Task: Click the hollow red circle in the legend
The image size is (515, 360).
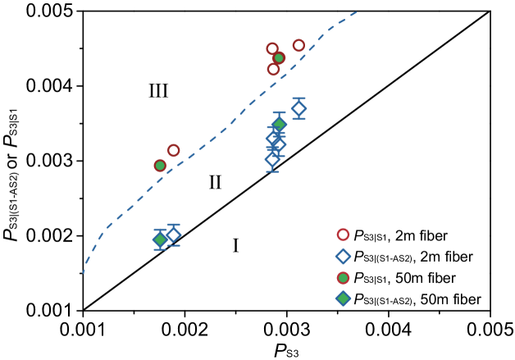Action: [x=343, y=235]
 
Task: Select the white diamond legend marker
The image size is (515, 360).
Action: [x=343, y=257]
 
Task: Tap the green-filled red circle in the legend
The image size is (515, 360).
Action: [x=343, y=278]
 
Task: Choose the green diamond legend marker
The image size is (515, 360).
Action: [x=343, y=298]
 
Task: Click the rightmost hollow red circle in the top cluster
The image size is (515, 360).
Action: [x=299, y=46]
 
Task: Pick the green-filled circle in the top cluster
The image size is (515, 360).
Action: [x=279, y=58]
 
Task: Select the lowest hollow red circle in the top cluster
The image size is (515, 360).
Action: [x=273, y=70]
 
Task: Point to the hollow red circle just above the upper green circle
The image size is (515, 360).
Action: [x=272, y=48]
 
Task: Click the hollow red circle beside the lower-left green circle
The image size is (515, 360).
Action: [x=173, y=150]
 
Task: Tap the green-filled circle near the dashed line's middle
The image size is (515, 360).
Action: [x=160, y=166]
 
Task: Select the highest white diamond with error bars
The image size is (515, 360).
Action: [x=299, y=108]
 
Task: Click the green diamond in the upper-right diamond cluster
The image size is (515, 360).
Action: [x=279, y=124]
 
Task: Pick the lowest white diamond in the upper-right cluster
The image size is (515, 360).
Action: [x=272, y=159]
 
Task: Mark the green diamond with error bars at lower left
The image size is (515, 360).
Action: [x=160, y=239]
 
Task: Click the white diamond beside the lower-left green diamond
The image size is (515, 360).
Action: [x=173, y=235]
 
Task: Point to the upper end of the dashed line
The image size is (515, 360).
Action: [x=356, y=12]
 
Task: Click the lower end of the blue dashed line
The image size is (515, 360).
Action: [x=83, y=272]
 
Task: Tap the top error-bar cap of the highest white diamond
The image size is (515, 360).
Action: [x=299, y=98]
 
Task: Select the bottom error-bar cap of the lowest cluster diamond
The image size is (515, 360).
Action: [x=272, y=171]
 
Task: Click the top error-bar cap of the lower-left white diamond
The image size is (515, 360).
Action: [x=173, y=225]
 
